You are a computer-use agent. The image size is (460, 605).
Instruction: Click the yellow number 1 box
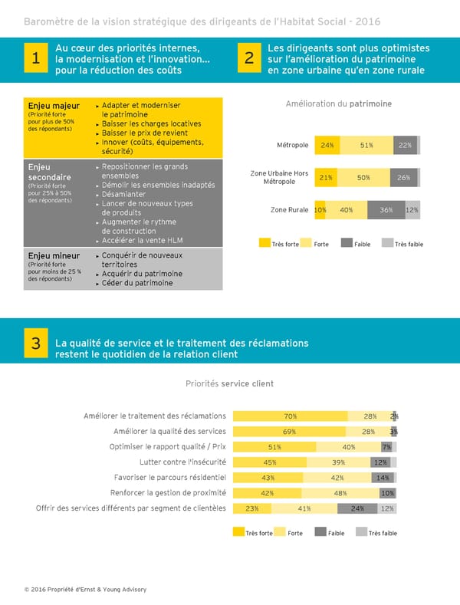tap(35, 59)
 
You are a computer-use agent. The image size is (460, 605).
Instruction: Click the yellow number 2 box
tap(248, 59)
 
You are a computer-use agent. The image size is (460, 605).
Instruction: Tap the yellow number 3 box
tap(35, 345)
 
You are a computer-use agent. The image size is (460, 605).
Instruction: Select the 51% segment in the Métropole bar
tap(366, 145)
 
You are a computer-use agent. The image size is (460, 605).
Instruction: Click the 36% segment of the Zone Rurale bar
tap(386, 209)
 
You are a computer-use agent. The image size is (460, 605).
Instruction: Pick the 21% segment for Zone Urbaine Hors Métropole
tap(325, 177)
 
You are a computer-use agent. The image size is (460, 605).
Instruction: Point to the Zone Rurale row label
tap(289, 209)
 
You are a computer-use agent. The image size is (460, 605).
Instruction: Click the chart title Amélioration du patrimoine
tap(338, 104)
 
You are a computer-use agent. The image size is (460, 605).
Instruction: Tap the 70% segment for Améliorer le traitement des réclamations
tap(290, 416)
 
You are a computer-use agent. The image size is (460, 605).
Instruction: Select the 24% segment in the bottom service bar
tap(357, 508)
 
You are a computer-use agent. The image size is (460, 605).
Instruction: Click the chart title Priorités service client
tap(229, 383)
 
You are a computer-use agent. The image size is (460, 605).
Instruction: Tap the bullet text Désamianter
tap(123, 194)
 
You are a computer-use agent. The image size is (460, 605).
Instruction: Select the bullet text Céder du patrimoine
tap(137, 283)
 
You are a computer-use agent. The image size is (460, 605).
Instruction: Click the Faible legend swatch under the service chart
tap(320, 532)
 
